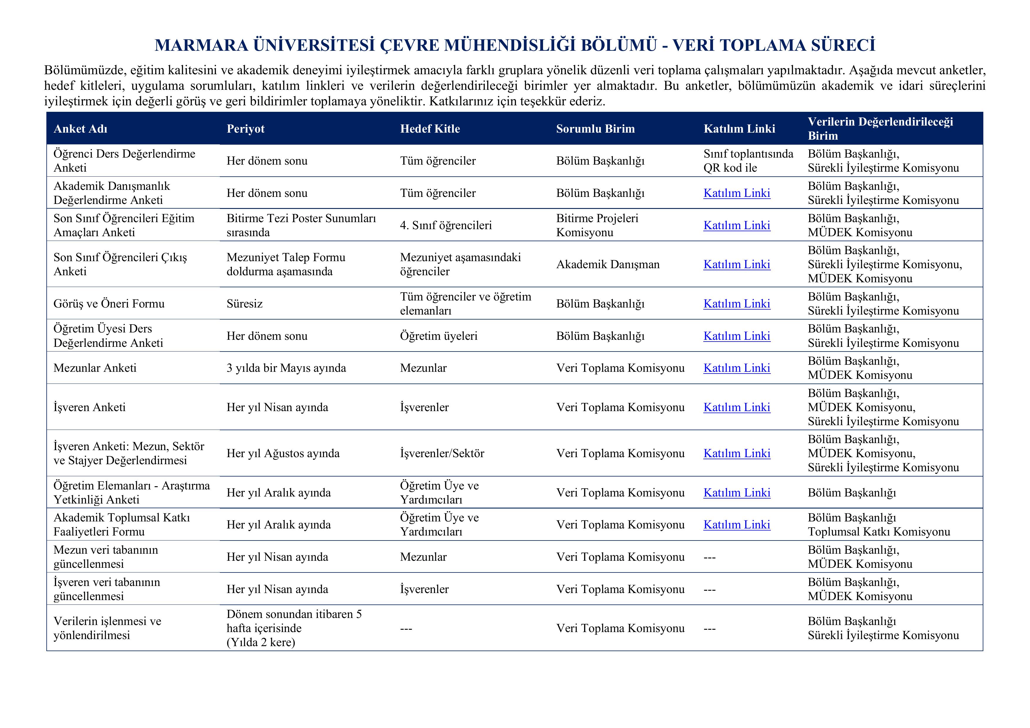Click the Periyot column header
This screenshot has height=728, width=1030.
click(245, 129)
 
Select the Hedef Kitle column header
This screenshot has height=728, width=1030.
click(430, 129)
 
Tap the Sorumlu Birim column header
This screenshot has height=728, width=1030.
click(595, 129)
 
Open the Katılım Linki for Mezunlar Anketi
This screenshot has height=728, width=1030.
click(736, 368)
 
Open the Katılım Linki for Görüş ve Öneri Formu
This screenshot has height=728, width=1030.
click(736, 304)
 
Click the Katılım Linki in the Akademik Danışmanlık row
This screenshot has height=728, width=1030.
click(736, 193)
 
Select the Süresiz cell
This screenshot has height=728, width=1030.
click(245, 304)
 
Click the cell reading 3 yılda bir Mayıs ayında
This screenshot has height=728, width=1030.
click(286, 368)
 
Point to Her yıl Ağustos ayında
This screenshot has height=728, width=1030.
click(283, 453)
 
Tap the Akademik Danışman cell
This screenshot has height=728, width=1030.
click(608, 264)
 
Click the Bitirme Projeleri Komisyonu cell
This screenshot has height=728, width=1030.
click(597, 225)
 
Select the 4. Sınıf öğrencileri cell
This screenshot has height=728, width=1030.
click(446, 225)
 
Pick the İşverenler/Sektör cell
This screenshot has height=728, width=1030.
click(442, 453)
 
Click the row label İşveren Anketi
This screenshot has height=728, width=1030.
click(89, 407)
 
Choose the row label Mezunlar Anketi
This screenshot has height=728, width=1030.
click(95, 368)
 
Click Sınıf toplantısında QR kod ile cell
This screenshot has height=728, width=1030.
click(748, 161)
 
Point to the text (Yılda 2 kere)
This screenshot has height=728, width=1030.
click(261, 642)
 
